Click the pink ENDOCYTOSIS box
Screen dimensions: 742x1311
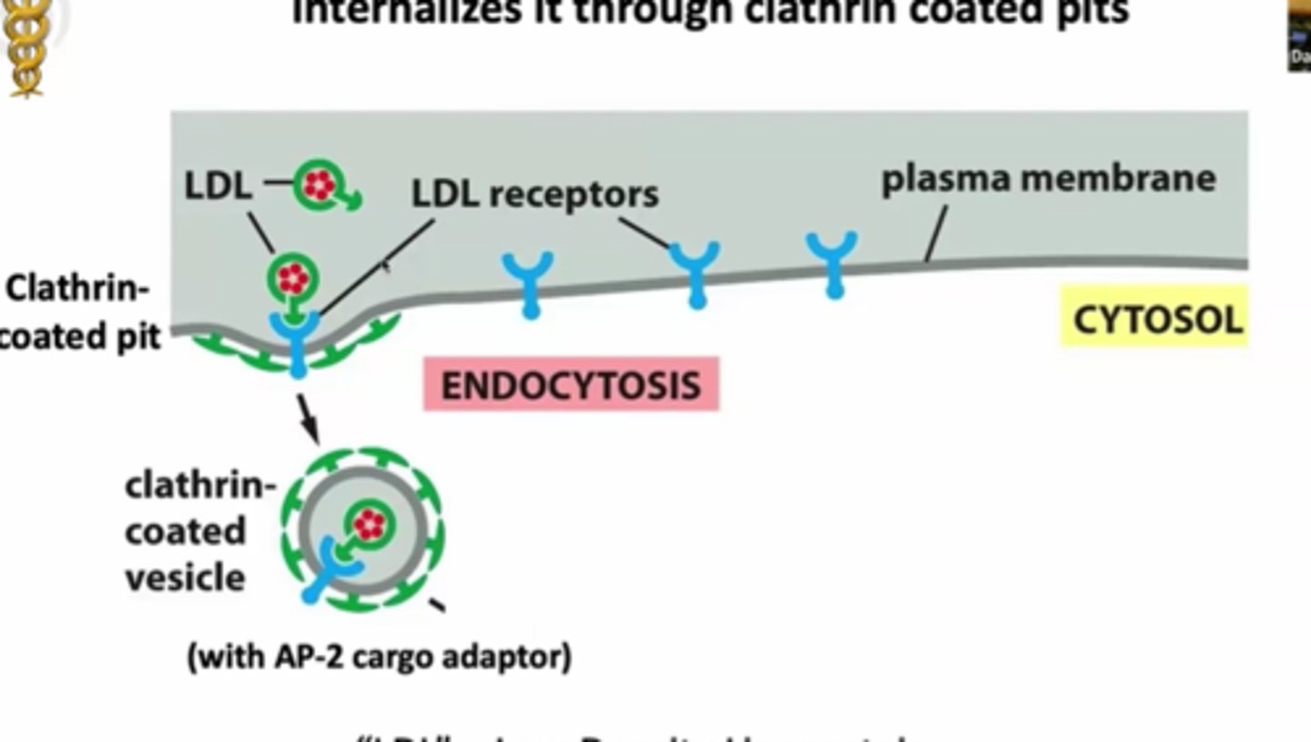571,384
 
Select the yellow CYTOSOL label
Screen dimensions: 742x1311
1155,320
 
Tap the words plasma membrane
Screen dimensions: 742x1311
1048,178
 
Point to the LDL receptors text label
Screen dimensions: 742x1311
534,193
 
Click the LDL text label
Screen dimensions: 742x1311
218,186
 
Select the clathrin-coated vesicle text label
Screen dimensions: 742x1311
198,532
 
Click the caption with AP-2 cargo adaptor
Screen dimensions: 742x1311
379,656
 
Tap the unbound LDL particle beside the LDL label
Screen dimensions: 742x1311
320,186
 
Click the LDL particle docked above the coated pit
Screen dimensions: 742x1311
293,279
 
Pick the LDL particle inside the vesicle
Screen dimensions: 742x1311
368,524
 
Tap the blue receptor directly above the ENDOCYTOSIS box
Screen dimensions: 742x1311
529,282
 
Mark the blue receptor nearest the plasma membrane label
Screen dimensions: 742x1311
832,262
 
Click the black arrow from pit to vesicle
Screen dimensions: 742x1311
310,419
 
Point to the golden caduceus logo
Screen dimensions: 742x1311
26,46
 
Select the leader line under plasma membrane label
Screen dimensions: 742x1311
935,233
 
